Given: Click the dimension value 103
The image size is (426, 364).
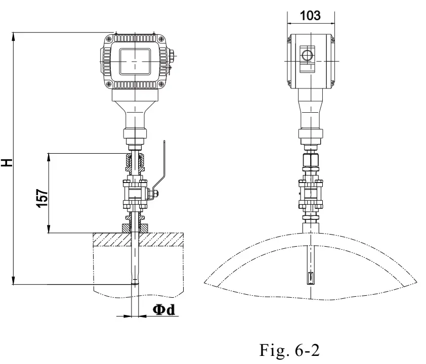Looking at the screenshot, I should (310, 15).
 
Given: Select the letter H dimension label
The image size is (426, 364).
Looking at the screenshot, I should (7, 162).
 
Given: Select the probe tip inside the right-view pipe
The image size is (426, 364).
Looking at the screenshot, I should (310, 277).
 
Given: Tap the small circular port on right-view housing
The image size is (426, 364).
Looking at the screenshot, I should (307, 55).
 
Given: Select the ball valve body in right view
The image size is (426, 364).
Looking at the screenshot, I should (310, 194).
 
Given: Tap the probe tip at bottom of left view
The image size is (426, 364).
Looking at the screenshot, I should (135, 281).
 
